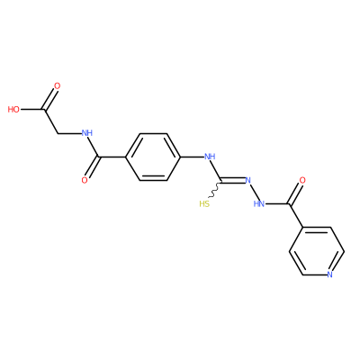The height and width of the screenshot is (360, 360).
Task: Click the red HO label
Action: [13, 110]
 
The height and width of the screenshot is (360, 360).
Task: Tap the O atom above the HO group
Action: [57, 86]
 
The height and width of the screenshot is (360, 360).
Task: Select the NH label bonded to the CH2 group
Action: [87, 133]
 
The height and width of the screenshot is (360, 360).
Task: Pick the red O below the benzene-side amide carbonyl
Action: [85, 180]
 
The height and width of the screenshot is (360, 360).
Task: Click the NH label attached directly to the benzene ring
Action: [210, 157]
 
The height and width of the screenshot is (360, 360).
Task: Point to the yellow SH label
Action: [204, 204]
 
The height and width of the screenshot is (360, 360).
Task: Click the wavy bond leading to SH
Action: [215, 190]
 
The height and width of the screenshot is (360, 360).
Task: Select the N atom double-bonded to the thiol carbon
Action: [247, 180]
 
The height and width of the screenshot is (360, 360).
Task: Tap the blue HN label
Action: [258, 204]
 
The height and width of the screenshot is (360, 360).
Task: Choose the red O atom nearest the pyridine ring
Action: [302, 180]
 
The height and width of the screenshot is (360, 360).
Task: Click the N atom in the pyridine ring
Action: [330, 274]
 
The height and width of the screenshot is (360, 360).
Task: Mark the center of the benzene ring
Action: [153, 157]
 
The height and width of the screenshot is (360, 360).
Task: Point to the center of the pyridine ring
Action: [317, 251]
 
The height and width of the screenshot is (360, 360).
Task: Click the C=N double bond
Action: [233, 180]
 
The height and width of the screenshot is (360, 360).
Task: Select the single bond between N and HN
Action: [254, 193]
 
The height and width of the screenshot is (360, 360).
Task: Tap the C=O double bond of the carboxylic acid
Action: [50, 99]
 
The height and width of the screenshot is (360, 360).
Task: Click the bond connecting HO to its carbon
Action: [32, 110]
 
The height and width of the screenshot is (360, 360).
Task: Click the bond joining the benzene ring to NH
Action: [192, 157]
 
